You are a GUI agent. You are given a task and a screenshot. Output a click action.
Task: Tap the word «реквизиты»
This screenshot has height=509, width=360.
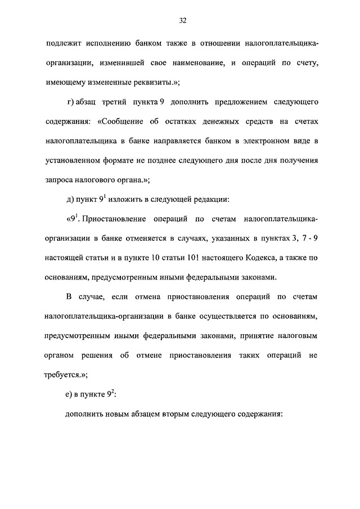[146, 82]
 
